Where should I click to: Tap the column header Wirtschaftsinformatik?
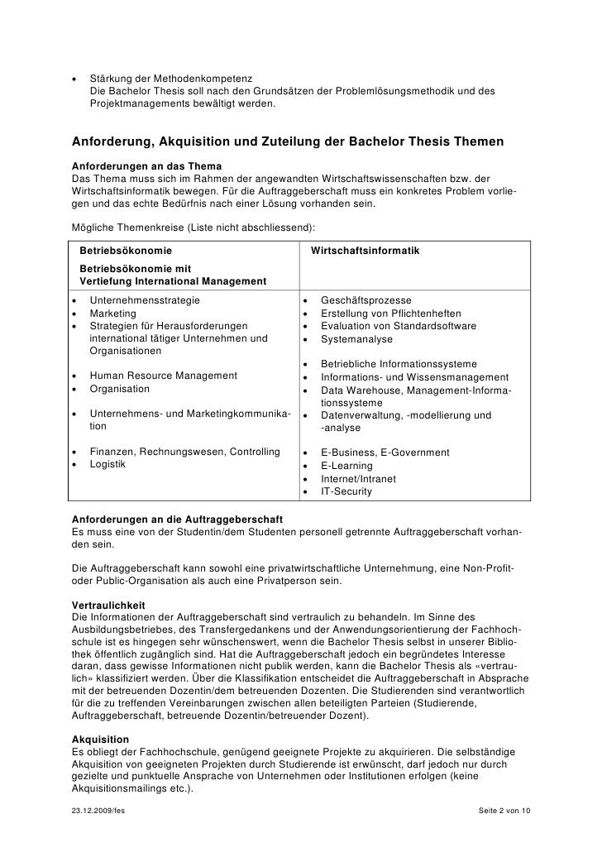(365, 251)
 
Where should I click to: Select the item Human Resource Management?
(163, 376)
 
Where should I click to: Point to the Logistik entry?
(107, 464)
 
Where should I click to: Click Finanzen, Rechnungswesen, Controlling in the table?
(184, 452)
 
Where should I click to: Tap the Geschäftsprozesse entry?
(365, 300)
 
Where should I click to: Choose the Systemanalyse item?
(357, 338)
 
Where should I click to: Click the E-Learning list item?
(348, 465)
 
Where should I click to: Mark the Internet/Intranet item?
(358, 478)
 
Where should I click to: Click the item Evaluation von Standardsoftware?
(398, 326)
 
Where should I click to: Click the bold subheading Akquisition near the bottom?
(101, 738)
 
